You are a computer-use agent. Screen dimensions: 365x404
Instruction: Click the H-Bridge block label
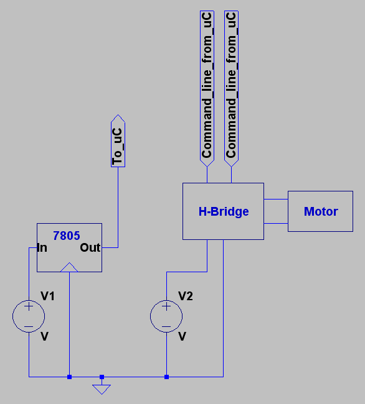click(224, 211)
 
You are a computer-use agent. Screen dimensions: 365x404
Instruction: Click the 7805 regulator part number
click(67, 236)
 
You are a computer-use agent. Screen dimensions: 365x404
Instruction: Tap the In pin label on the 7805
click(42, 248)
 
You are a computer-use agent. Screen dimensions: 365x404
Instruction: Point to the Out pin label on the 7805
click(90, 247)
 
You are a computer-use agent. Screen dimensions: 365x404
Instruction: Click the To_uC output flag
click(118, 141)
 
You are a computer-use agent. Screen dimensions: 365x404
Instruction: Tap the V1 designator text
click(48, 296)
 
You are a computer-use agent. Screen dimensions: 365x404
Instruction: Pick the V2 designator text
click(186, 296)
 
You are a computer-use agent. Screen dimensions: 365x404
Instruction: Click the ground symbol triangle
click(102, 389)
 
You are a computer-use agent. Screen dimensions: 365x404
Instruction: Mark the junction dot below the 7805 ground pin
click(69, 377)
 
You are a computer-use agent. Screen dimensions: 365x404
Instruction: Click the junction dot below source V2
click(166, 377)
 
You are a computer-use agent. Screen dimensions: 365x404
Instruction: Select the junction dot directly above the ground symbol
click(102, 377)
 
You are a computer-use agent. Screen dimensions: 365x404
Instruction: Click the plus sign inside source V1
click(29, 306)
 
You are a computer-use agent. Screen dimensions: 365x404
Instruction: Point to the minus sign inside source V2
click(166, 327)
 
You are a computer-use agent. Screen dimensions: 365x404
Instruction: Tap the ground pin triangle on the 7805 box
click(69, 267)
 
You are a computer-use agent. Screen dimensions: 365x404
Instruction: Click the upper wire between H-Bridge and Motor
click(276, 199)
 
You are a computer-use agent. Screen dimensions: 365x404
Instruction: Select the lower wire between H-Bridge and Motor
click(276, 223)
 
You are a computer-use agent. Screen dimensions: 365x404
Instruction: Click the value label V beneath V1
click(44, 336)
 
